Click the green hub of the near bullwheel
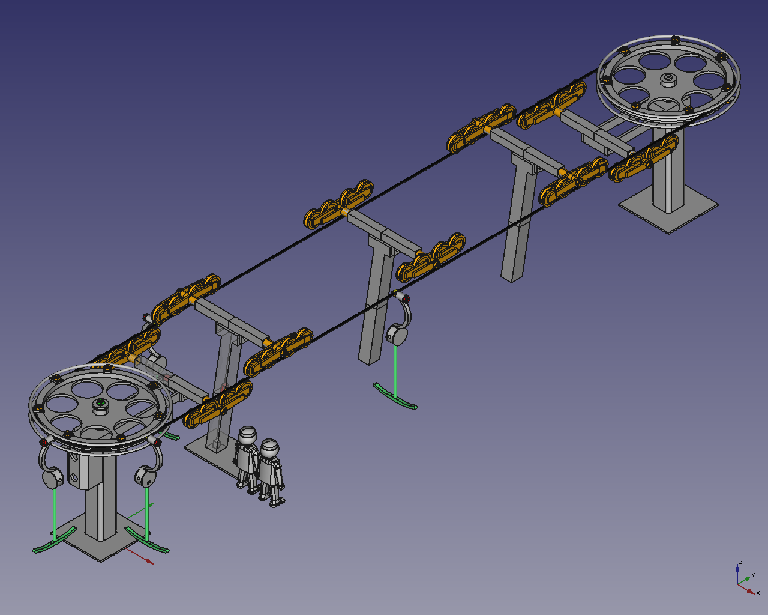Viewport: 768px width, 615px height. point(101,403)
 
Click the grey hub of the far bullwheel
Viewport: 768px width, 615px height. point(668,79)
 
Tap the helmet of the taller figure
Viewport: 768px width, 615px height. point(248,435)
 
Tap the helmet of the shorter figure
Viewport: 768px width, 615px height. point(269,448)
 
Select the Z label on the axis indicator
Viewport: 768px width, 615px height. point(740,562)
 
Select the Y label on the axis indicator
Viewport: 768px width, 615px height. point(753,575)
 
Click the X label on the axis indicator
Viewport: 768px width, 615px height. point(758,593)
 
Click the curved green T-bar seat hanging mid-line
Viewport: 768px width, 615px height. point(395,396)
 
